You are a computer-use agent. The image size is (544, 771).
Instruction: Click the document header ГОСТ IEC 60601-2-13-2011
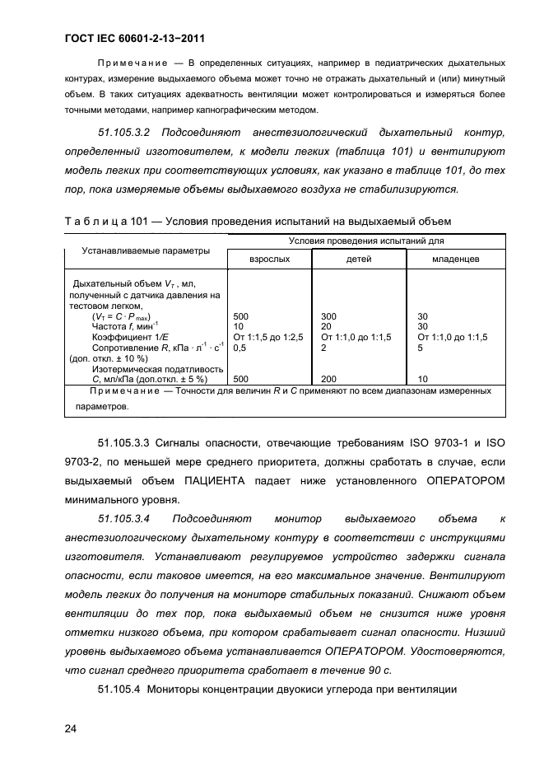[134, 39]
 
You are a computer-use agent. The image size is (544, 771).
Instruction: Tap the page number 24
[70, 727]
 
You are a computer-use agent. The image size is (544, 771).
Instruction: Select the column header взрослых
[268, 259]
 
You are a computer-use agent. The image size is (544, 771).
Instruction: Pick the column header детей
[359, 259]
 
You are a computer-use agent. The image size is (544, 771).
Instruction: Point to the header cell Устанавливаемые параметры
[145, 250]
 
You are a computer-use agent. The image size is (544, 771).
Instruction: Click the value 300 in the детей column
[328, 315]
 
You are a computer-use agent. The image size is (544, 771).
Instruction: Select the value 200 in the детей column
[328, 378]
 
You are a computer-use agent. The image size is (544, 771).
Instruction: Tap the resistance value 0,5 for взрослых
[241, 347]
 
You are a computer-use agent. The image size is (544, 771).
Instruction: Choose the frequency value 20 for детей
[325, 326]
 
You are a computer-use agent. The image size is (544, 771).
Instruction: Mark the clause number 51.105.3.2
[126, 132]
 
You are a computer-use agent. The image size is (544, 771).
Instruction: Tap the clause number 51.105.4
[122, 688]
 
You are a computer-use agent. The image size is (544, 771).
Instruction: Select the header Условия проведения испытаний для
[366, 241]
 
